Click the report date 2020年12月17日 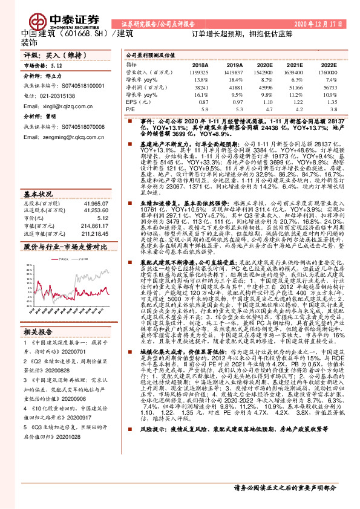[321, 24]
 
